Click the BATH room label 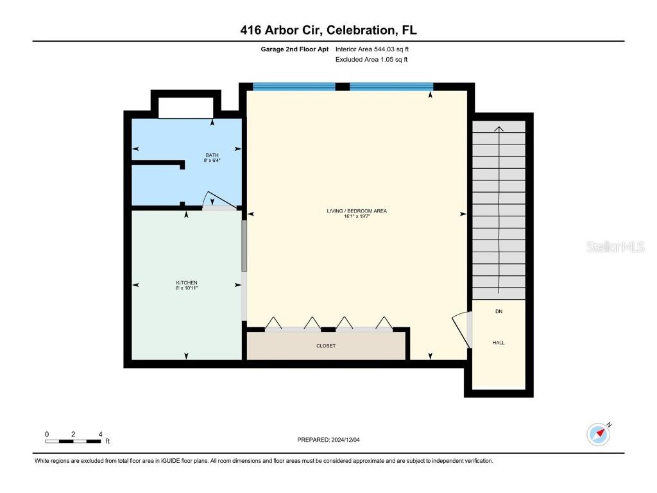[x=212, y=155]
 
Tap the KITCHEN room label [x=187, y=283]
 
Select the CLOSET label [x=326, y=346]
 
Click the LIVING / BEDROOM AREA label [x=357, y=211]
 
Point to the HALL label [x=499, y=343]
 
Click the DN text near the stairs [x=499, y=311]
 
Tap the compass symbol [x=599, y=434]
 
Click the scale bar [x=73, y=440]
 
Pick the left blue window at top [x=294, y=87]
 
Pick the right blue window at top [x=391, y=87]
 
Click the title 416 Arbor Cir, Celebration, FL [x=328, y=30]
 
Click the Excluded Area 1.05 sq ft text [x=371, y=60]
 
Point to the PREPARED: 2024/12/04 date [x=333, y=440]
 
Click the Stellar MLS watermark [x=615, y=247]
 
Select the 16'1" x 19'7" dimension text [x=357, y=217]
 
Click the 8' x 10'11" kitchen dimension [x=187, y=289]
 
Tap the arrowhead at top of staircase [x=499, y=128]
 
